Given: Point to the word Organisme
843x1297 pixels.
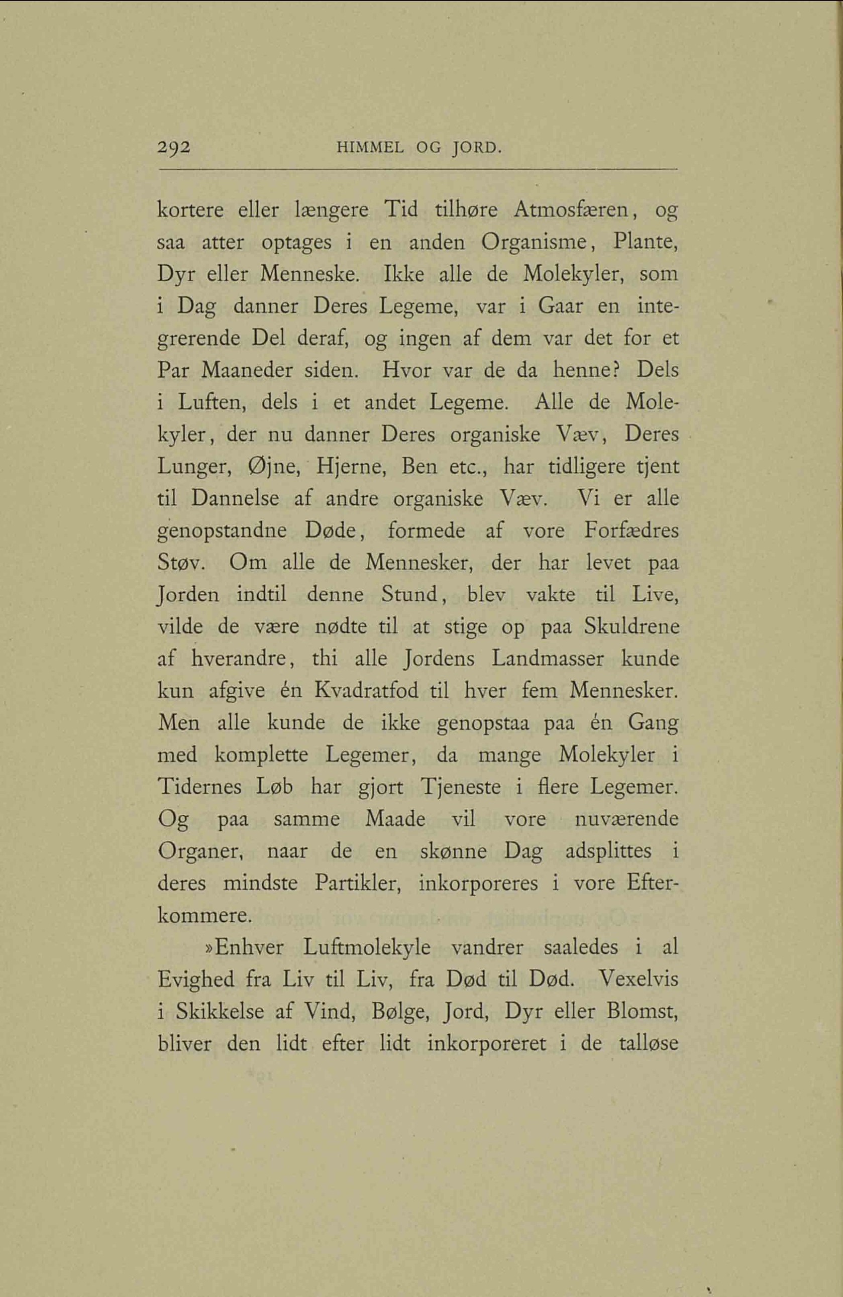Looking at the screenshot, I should coord(536,242).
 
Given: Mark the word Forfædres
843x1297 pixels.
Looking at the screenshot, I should coord(631,531).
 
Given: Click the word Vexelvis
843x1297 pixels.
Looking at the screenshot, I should coord(639,980).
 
